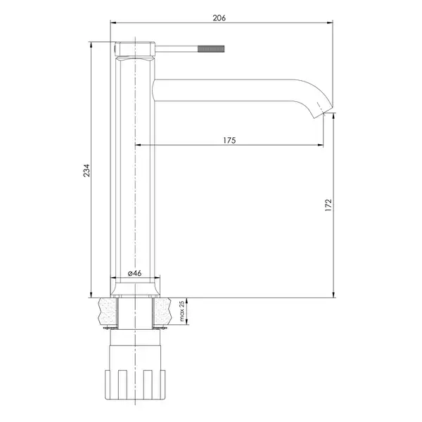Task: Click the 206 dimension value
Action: [219, 18]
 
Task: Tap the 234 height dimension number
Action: [87, 170]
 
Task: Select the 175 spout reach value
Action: [229, 140]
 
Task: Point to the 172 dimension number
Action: [328, 205]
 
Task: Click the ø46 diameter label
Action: [134, 273]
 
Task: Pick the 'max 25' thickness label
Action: [182, 311]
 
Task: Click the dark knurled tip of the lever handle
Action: [211, 49]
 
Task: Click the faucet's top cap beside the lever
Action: [135, 49]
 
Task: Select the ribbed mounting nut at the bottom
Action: [134, 385]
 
